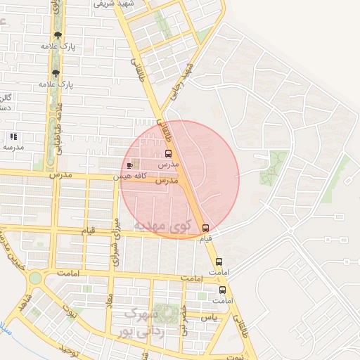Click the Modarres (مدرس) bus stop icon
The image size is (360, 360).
pos(168,153)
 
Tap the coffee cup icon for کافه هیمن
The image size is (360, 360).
pos(128,166)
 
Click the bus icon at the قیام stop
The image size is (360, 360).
pos(205,228)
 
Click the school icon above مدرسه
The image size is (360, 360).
pos(13,136)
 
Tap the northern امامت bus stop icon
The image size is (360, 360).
pos(219,262)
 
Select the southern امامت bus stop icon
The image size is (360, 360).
pos(223,290)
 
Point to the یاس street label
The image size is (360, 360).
pos(209,318)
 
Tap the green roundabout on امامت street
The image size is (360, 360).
pos(35,278)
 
